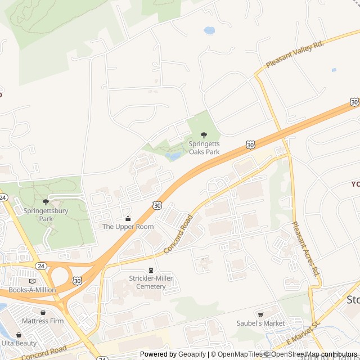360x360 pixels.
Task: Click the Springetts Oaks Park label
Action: (x=204, y=147)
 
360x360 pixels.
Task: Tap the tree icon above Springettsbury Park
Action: (x=46, y=201)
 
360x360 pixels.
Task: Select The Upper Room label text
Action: (x=128, y=227)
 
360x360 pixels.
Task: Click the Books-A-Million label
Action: (x=32, y=290)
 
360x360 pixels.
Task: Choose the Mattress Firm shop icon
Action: (x=43, y=312)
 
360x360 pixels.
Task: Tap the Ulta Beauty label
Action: (x=19, y=343)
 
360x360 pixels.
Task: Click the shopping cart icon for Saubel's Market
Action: (x=260, y=314)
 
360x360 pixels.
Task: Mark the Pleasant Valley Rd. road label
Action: (x=295, y=54)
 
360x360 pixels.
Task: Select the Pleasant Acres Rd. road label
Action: (x=305, y=247)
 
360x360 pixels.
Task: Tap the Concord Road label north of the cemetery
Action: (x=178, y=234)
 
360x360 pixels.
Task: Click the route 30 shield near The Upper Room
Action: (x=157, y=206)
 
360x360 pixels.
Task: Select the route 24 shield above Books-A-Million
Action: (x=40, y=265)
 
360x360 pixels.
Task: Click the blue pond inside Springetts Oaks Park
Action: (x=174, y=156)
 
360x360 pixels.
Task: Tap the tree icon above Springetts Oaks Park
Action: (x=204, y=135)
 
